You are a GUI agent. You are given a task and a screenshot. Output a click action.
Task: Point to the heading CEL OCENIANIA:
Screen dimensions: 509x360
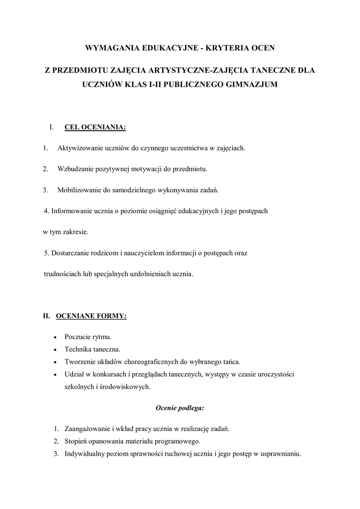(95, 128)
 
